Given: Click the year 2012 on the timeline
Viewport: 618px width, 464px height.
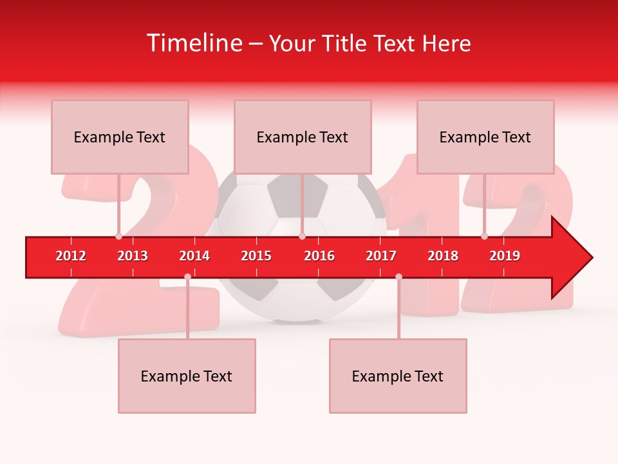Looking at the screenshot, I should click(x=71, y=256).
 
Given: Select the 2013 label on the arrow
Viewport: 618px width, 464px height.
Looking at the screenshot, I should click(x=133, y=256).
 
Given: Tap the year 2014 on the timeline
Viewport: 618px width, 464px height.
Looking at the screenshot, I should click(x=194, y=256).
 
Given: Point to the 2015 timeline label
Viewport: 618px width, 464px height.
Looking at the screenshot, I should click(x=256, y=256).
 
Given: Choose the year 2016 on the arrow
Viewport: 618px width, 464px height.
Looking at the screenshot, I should click(x=319, y=256).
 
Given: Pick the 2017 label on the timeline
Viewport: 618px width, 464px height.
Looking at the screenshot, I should click(x=381, y=256).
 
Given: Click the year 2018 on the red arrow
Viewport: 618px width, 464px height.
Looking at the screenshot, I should click(x=443, y=256).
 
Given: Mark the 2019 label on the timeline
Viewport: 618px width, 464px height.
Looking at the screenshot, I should click(x=505, y=256).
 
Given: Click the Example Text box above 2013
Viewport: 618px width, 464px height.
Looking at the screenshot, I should click(x=120, y=137).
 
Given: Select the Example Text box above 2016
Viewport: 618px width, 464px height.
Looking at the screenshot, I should click(x=303, y=137).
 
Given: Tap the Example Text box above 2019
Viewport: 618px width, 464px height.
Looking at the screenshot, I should click(x=485, y=137).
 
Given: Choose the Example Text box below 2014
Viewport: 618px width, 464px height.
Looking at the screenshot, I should click(x=187, y=376).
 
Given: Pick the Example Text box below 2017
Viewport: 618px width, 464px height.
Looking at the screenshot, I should click(x=398, y=376).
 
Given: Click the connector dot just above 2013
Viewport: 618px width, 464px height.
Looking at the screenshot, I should click(x=119, y=236).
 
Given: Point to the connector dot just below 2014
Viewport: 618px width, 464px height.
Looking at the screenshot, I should click(x=187, y=276).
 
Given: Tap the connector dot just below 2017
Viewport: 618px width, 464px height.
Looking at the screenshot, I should click(x=398, y=276).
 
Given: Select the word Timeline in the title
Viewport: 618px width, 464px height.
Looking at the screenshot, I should click(x=195, y=43).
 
